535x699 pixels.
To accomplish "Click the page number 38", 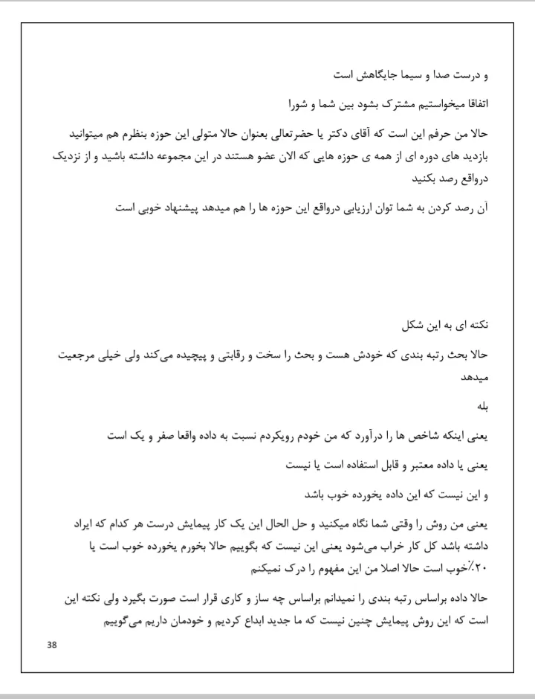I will [x=51, y=644].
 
